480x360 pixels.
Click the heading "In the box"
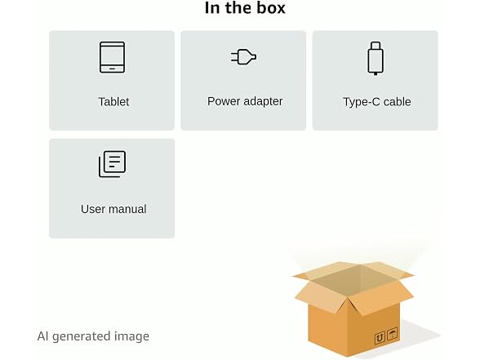tap(245, 8)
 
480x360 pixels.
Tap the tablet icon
tap(112, 57)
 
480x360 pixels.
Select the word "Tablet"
tap(113, 101)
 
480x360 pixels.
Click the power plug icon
tap(243, 57)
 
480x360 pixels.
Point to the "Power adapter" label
tap(245, 101)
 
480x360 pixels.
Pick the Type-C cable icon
tap(376, 58)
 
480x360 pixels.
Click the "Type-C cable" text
tap(377, 101)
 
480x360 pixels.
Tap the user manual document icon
tap(112, 164)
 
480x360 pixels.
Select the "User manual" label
tap(113, 209)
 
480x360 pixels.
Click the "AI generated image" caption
tap(93, 336)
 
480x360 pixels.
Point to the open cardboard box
tap(353, 309)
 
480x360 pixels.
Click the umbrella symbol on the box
tap(392, 334)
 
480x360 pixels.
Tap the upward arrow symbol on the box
tap(380, 338)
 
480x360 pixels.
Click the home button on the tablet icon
tap(112, 69)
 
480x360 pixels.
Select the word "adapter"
tap(263, 101)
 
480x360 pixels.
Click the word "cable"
tap(397, 101)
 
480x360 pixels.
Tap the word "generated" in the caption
tap(82, 336)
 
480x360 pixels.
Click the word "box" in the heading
tap(271, 8)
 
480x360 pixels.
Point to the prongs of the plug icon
tap(234, 57)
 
